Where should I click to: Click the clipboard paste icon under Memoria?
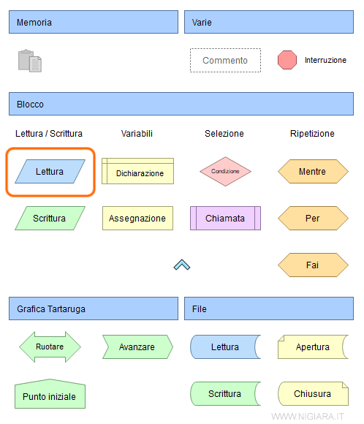29,60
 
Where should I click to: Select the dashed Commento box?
225,61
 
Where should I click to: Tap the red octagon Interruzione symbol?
287,60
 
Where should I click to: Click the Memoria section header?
94,22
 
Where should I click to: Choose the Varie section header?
269,22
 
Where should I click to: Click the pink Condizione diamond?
225,171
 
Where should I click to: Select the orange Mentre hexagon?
312,172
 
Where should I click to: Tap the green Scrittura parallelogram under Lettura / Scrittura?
50,218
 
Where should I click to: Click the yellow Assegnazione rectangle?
137,218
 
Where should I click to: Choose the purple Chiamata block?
225,218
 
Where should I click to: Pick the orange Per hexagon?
312,218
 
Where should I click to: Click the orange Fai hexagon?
312,265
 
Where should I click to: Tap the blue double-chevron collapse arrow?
182,265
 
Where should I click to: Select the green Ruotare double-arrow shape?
50,347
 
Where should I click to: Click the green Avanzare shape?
137,347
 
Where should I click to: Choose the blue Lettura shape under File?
225,347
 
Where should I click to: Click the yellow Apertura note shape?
312,347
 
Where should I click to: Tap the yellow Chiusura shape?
312,393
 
